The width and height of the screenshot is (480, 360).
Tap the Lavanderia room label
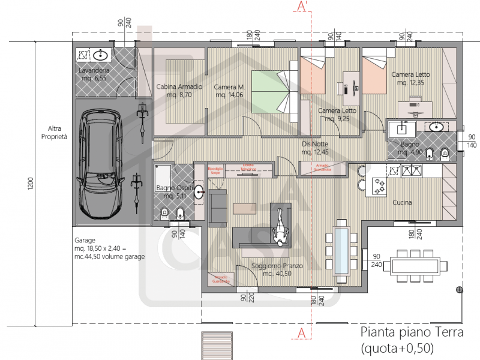(93, 74)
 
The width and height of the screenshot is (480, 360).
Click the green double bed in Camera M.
(273, 91)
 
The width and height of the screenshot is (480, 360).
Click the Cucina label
(402, 203)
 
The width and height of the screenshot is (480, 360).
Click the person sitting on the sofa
(280, 229)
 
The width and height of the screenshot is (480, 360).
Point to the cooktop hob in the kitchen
(379, 187)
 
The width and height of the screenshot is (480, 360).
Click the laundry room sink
(101, 56)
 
